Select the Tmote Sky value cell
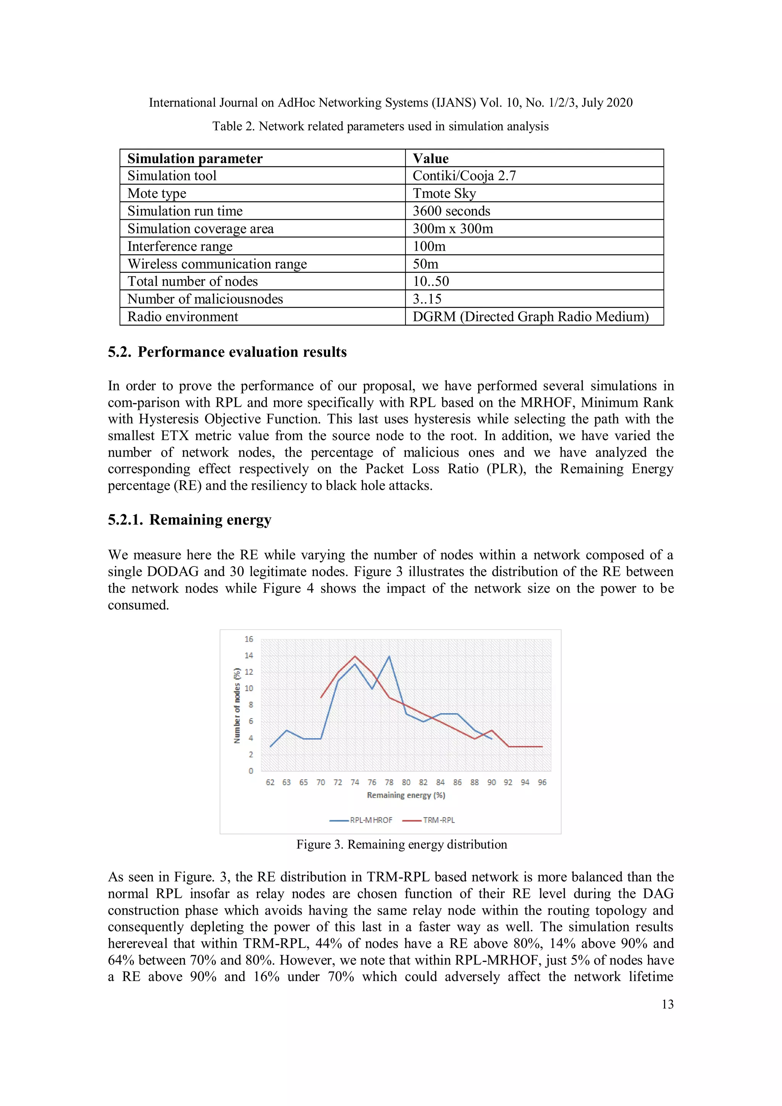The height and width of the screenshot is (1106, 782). point(444,194)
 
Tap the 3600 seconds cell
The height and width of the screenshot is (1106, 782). point(451,211)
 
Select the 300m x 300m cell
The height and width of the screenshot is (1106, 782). point(452,229)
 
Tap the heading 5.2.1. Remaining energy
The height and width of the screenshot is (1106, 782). point(189,520)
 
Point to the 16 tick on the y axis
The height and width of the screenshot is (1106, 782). point(249,639)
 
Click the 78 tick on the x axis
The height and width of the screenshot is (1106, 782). point(389,782)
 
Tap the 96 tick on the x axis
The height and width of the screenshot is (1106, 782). point(542,782)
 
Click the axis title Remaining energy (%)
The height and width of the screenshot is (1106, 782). point(406,795)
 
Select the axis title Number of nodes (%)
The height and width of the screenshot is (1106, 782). point(237,705)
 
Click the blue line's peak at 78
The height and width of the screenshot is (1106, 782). point(389,656)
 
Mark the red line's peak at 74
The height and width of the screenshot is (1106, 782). point(355,656)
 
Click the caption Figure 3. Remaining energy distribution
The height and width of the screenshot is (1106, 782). point(402,844)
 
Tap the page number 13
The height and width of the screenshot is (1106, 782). point(667,1004)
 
